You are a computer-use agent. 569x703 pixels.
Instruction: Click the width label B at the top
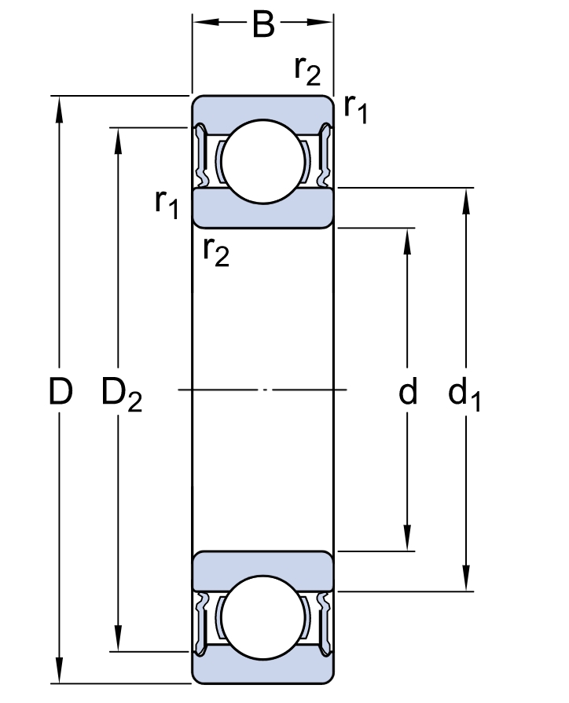263,25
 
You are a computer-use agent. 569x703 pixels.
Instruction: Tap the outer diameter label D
61,391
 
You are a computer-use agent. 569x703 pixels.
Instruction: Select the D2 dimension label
122,394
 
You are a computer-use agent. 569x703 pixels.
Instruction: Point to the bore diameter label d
408,391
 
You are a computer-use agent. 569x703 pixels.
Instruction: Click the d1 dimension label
464,394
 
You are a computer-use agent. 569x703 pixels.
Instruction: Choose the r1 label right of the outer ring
356,109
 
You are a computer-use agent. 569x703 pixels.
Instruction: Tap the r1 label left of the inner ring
167,203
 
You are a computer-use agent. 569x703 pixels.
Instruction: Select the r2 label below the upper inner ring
216,252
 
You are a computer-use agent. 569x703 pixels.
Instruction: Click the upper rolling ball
263,162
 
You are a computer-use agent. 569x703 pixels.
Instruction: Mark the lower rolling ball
263,618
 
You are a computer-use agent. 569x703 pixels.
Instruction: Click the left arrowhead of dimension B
206,22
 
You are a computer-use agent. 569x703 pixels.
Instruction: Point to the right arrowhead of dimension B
320,22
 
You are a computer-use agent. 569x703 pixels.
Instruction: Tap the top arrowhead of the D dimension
59,109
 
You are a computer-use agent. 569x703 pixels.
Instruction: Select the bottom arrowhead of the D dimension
59,670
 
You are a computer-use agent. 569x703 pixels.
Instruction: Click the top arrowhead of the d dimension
407,242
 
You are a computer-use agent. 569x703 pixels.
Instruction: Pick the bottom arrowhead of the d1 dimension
466,578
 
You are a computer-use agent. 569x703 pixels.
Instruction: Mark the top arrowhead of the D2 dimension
118,141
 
